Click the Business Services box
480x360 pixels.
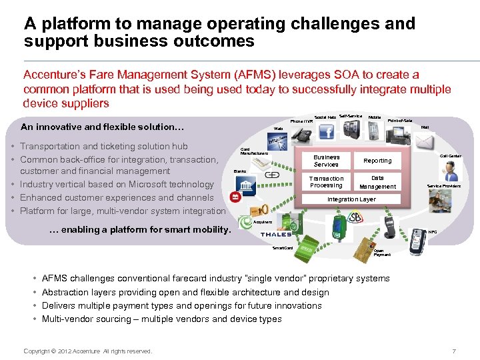point(326,161)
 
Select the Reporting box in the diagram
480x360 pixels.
point(377,161)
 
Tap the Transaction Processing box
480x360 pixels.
point(326,182)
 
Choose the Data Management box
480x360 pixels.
point(377,182)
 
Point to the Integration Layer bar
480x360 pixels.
point(351,199)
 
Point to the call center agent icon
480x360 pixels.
point(451,171)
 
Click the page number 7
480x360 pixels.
point(454,351)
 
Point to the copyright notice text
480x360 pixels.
point(87,351)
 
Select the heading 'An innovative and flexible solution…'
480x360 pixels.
point(103,127)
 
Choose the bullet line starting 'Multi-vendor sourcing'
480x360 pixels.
point(161,319)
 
